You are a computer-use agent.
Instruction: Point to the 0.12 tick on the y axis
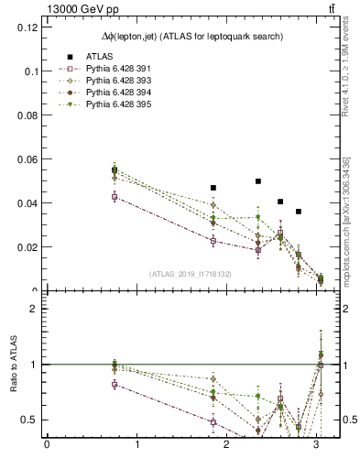click(x=28, y=27)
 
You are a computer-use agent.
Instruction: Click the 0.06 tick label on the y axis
click(x=28, y=159)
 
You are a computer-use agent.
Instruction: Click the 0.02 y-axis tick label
click(x=28, y=247)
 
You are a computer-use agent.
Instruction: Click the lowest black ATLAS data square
click(x=299, y=212)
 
